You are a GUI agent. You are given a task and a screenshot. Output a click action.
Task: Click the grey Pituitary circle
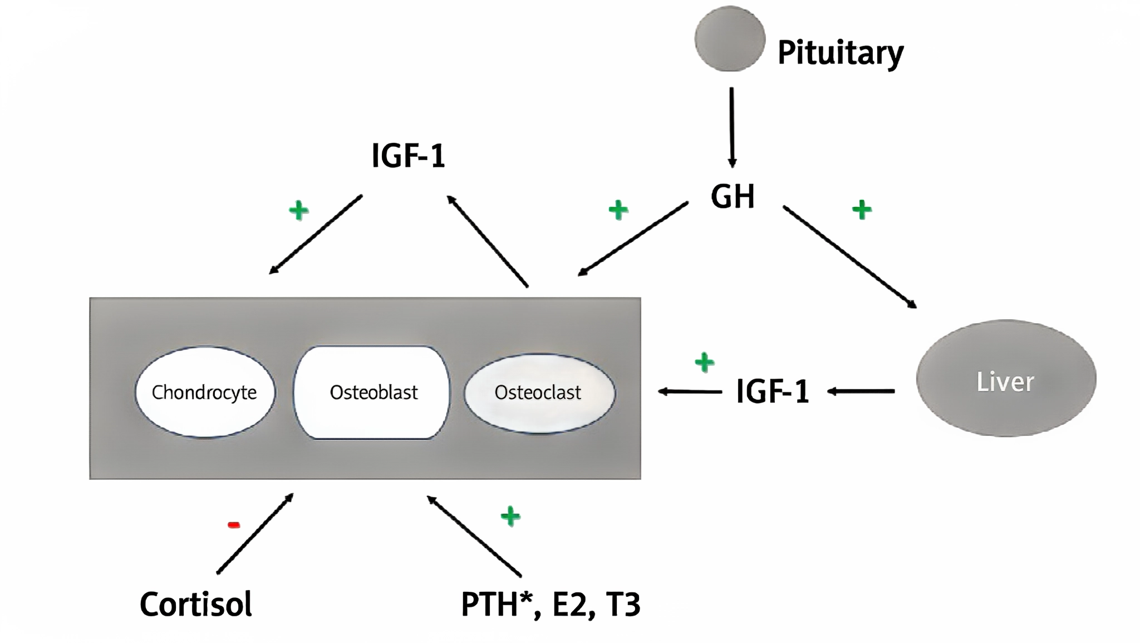tap(729, 39)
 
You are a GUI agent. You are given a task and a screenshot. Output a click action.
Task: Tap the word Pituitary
tap(840, 53)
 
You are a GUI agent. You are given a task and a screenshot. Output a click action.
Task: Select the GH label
tap(733, 196)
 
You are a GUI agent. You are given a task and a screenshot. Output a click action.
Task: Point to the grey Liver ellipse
tap(1006, 379)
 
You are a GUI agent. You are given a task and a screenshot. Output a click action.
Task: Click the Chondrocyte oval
tap(205, 392)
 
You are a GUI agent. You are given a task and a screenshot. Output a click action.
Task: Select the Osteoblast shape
tap(372, 392)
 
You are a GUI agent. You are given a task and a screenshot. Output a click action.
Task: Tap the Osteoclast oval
tap(539, 393)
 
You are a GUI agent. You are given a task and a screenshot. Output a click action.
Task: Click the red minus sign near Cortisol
tap(234, 525)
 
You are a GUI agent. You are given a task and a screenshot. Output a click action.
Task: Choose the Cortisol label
tap(196, 604)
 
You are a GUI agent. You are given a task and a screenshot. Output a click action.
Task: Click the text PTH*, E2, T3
tap(550, 604)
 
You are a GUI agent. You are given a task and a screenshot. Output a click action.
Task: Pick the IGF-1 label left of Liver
tap(772, 392)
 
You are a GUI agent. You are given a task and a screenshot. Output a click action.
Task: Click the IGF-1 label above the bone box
tap(408, 156)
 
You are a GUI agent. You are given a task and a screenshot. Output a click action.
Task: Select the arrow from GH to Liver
tap(849, 256)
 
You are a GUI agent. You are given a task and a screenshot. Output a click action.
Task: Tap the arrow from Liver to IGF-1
tap(861, 392)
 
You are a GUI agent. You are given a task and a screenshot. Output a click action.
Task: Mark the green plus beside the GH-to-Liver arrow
tap(862, 210)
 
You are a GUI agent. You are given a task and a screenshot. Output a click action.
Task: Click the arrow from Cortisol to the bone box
tap(255, 533)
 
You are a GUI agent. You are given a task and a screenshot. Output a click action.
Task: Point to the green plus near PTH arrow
tap(510, 516)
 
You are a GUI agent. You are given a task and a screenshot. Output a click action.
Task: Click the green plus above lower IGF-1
tap(705, 363)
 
